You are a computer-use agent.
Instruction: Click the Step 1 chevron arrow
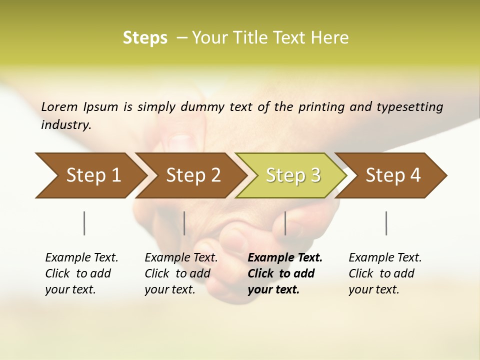(x=90, y=175)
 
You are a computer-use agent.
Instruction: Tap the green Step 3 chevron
(x=292, y=175)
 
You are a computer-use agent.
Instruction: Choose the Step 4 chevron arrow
(x=392, y=175)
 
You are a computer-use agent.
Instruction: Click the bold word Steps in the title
(x=145, y=37)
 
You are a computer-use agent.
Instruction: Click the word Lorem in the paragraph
(x=59, y=106)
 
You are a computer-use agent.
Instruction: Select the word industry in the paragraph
(x=66, y=124)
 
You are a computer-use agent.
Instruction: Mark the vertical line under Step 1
(x=84, y=223)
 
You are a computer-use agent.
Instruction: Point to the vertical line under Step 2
(x=184, y=223)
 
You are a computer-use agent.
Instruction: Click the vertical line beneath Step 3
(x=285, y=223)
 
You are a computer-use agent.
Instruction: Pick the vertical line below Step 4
(x=386, y=223)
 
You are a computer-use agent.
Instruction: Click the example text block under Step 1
(x=81, y=273)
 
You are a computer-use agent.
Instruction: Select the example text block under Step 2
(x=181, y=273)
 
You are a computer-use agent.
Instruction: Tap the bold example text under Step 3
(x=285, y=273)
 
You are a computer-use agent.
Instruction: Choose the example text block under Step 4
(x=385, y=273)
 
